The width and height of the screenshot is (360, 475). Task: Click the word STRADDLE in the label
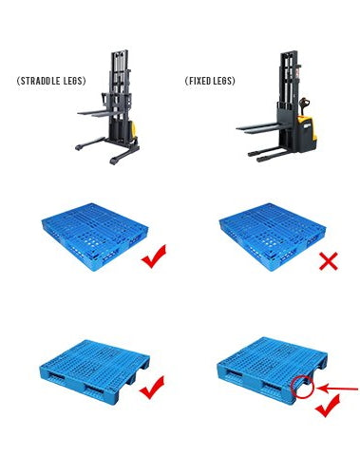pos(39,81)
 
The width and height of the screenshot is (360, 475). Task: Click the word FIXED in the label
pos(199,81)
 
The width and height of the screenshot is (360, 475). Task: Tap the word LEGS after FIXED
pos(223,81)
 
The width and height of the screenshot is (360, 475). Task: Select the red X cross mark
pos(329,261)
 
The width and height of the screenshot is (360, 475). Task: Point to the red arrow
pos(337,389)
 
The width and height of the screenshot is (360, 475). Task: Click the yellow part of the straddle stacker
pos(134,129)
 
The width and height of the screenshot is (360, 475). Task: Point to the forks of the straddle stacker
pos(97,113)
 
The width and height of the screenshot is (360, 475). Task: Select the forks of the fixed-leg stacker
pos(257,127)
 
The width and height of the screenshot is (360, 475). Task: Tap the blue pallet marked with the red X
pos(273,236)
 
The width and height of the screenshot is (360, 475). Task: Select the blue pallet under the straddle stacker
pos(95,236)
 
